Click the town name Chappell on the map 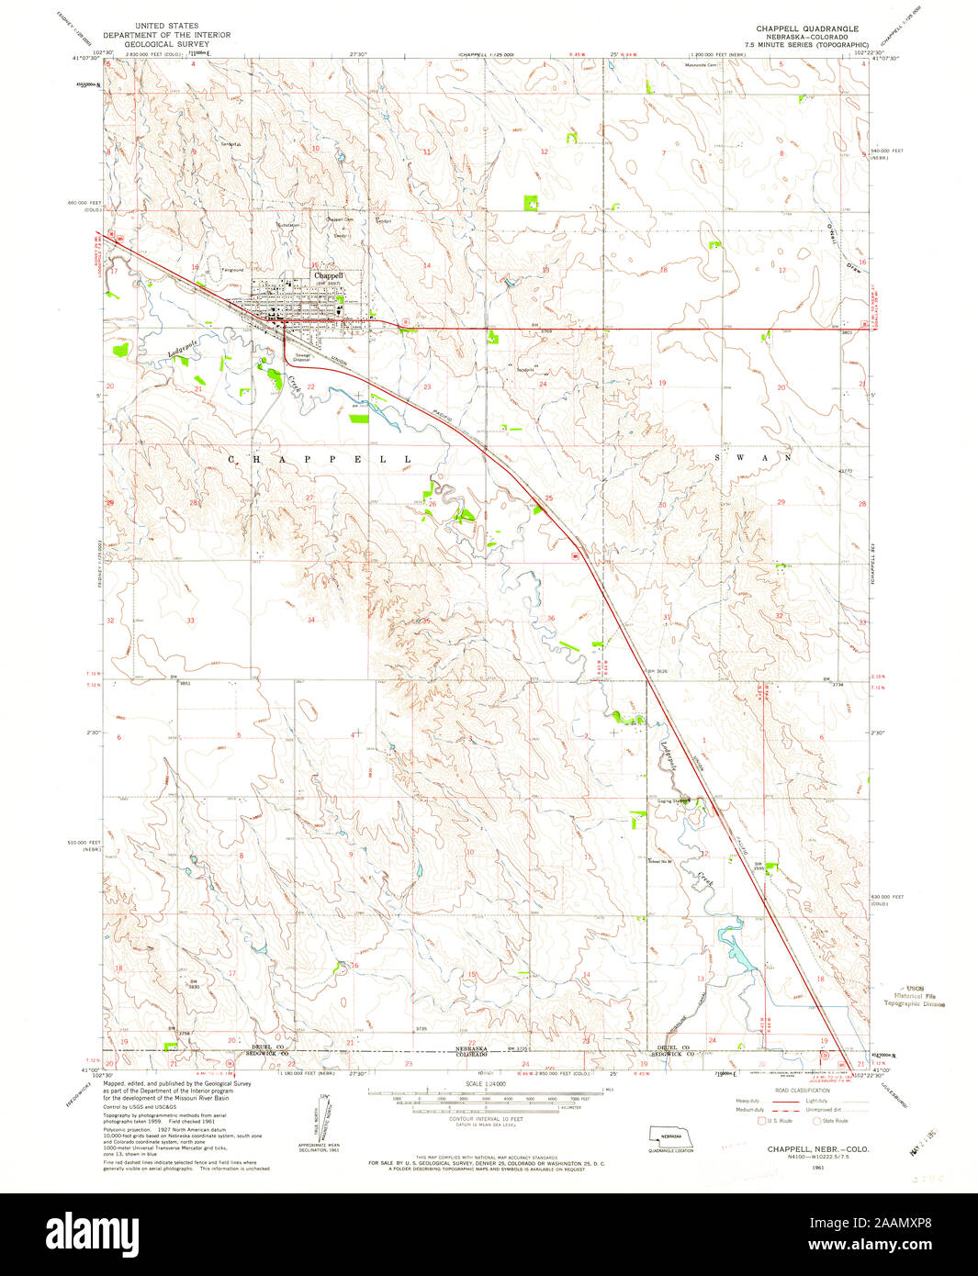[x=329, y=275]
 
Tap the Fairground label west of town [x=232, y=270]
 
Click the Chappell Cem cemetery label [x=340, y=219]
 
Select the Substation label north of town [x=288, y=225]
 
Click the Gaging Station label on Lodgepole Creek [x=672, y=800]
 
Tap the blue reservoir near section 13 [x=734, y=951]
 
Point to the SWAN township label [x=752, y=456]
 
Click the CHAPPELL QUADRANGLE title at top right [x=806, y=28]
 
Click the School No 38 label [x=659, y=860]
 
